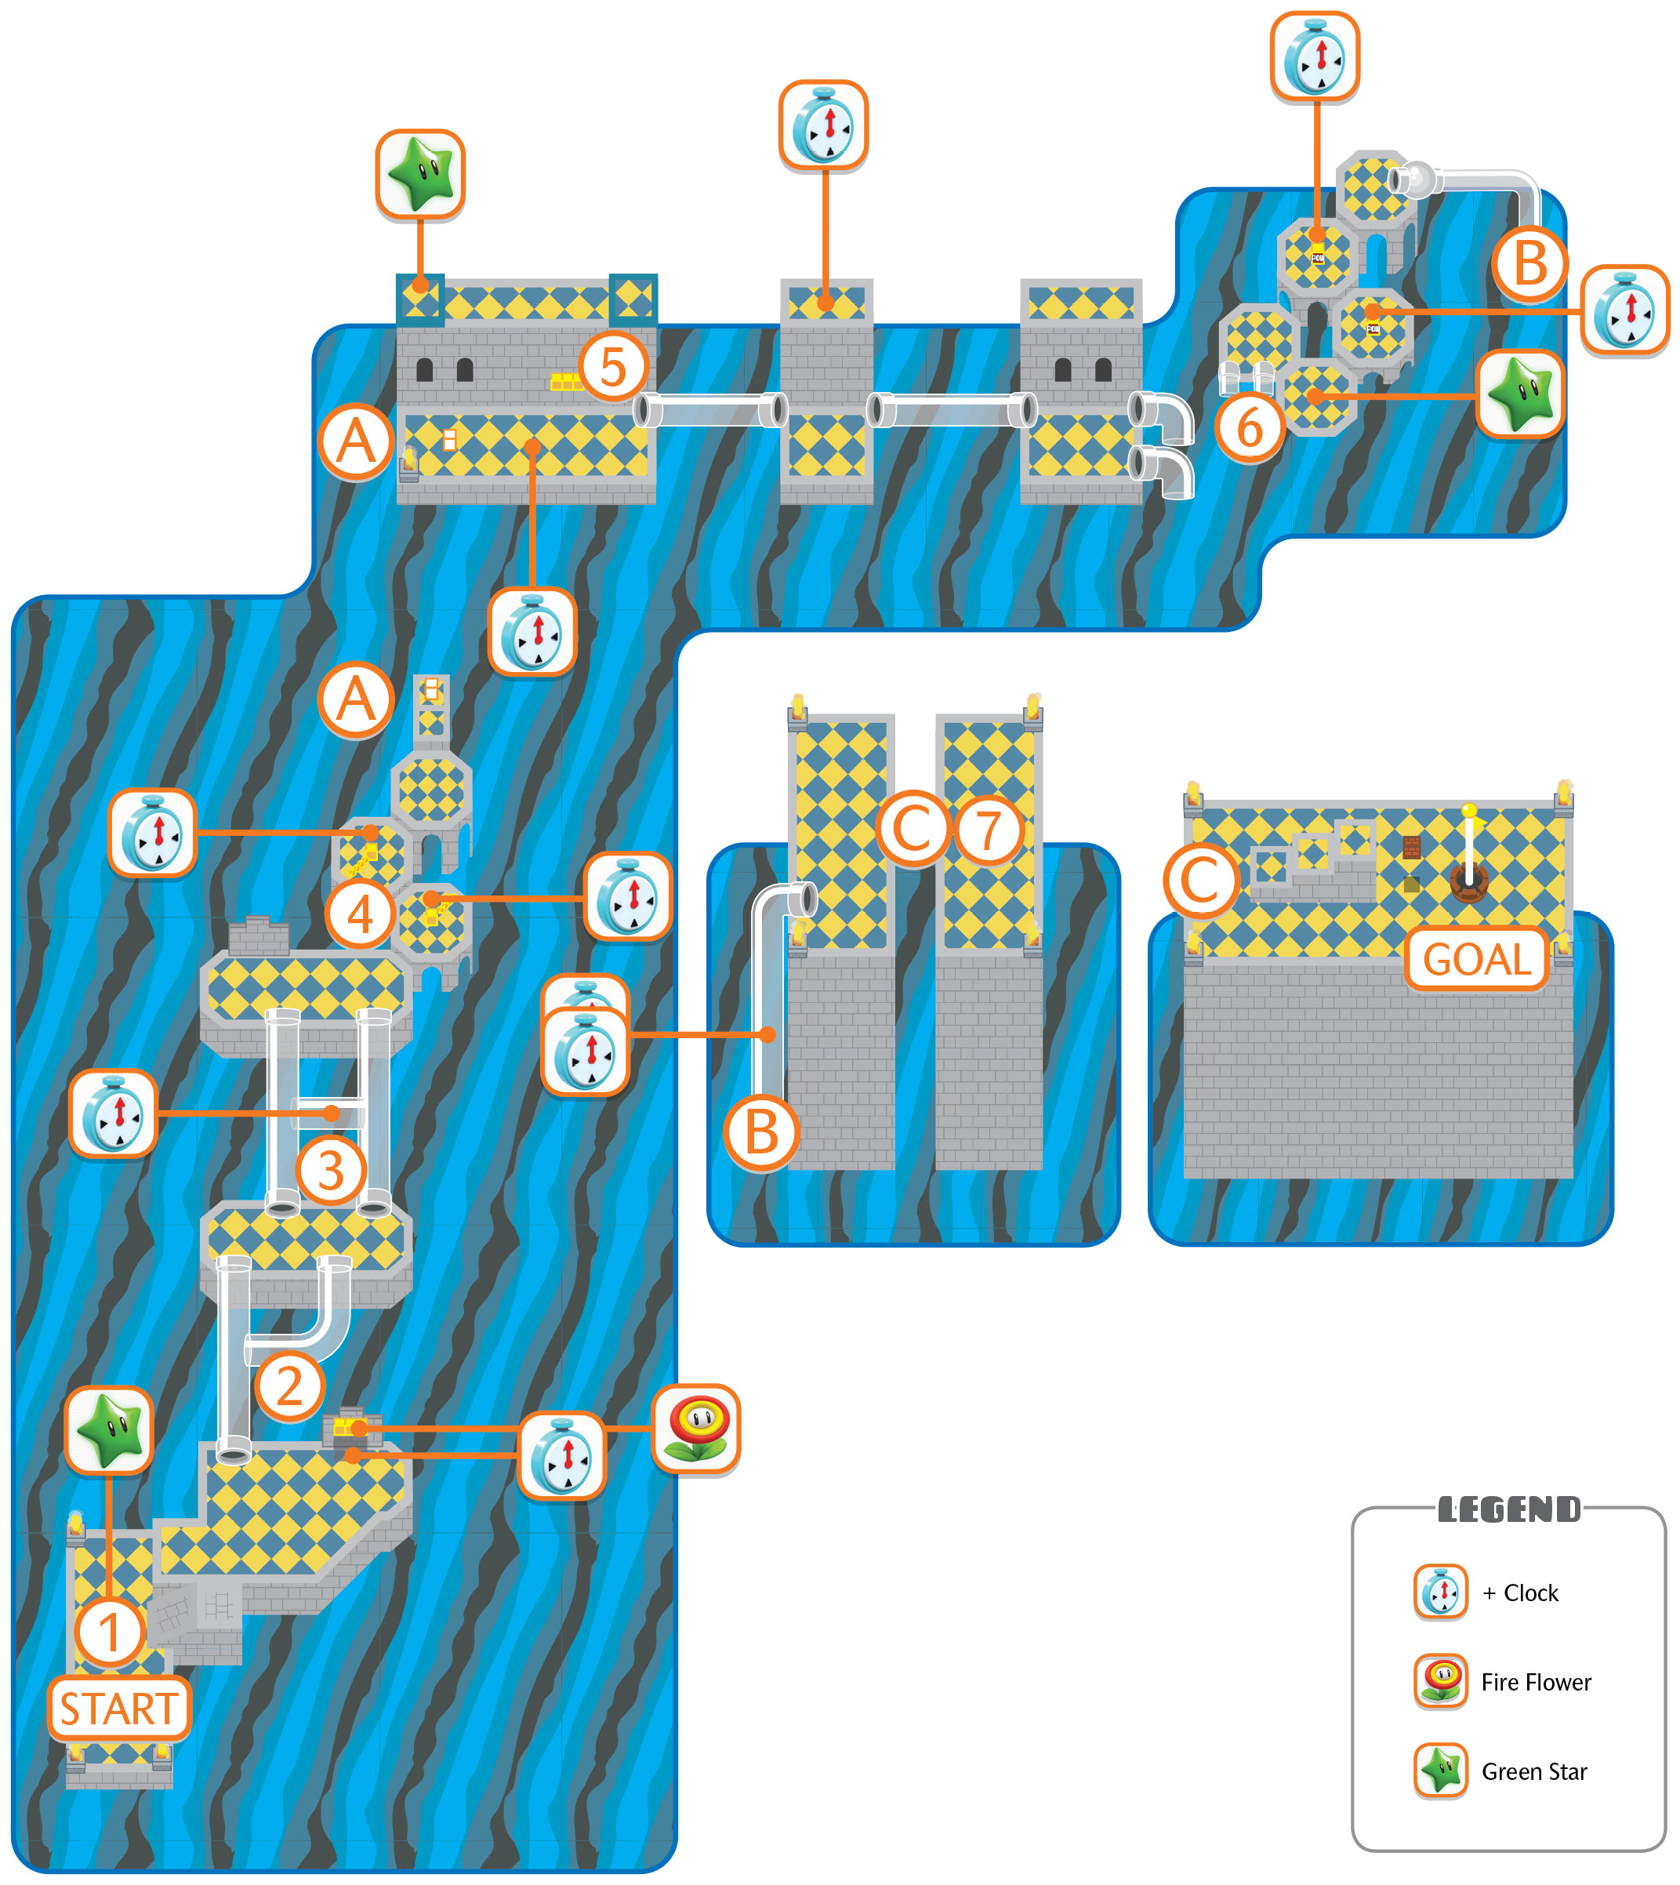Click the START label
(119, 1709)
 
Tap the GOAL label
(1476, 959)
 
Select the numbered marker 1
(110, 1632)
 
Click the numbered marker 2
(290, 1386)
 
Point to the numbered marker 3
(332, 1171)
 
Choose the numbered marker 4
(360, 915)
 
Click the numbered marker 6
(1250, 427)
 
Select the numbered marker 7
(989, 830)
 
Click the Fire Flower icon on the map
(696, 1428)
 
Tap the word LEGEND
(1509, 1509)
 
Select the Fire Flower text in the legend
(1536, 1682)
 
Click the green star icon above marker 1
(110, 1431)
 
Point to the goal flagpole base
(1468, 881)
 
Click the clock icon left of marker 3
(114, 1113)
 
